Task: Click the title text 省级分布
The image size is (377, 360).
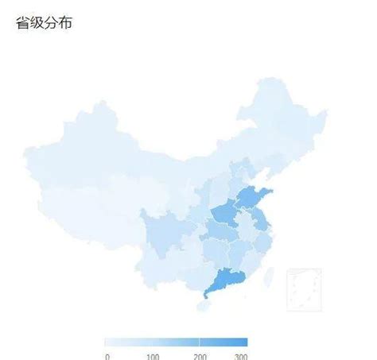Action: point(45,23)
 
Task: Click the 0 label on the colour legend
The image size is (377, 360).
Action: point(107,355)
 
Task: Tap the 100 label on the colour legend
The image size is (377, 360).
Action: point(154,355)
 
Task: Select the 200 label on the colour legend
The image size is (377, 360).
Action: point(200,355)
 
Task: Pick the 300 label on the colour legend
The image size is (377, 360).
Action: point(241,355)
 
